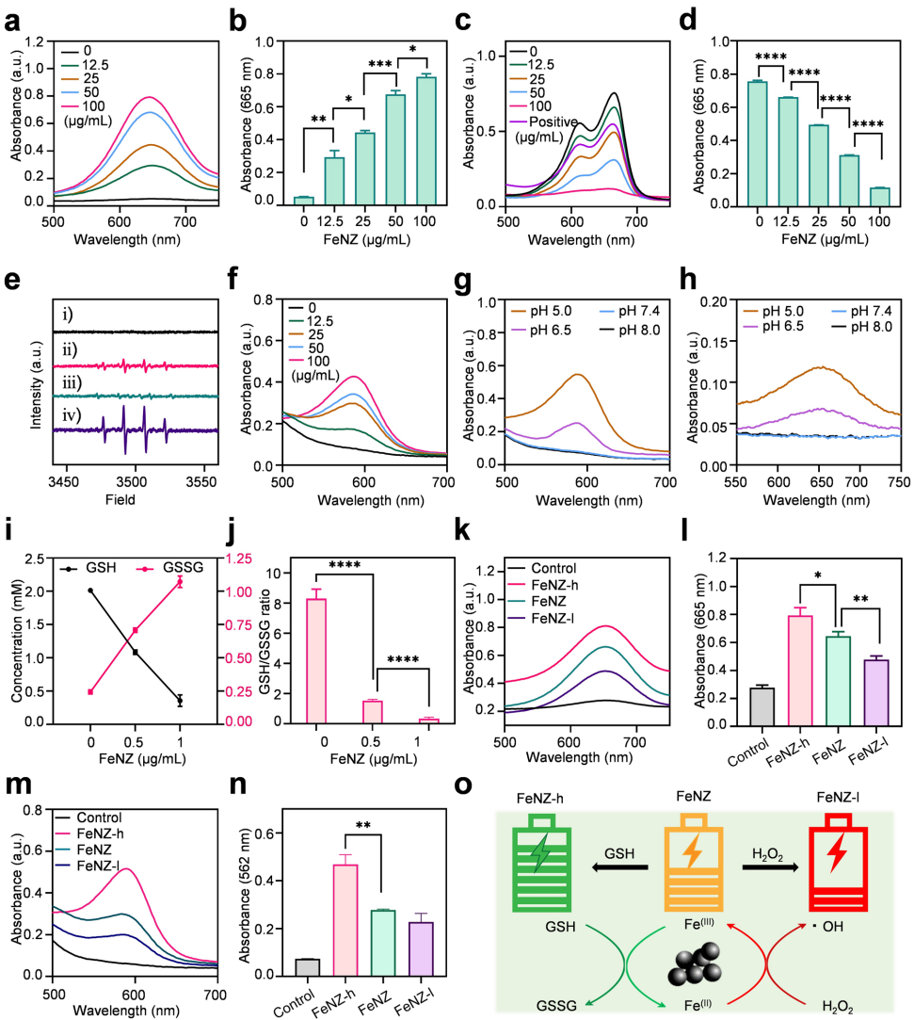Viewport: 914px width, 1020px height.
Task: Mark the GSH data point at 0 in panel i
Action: (90, 591)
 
